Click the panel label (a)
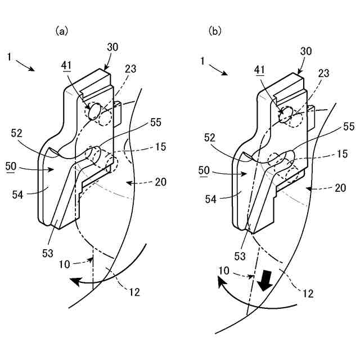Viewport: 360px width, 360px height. (x=61, y=31)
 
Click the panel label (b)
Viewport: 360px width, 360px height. (x=215, y=31)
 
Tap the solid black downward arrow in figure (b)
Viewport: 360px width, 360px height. (x=264, y=280)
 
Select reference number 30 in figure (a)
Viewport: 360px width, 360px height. (x=112, y=48)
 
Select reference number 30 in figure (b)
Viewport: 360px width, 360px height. (x=307, y=51)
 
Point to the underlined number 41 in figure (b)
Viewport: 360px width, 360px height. (x=260, y=70)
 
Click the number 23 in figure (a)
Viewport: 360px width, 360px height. (x=131, y=70)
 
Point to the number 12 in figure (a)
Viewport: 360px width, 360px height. (x=134, y=291)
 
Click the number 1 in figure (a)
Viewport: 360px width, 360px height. (x=10, y=56)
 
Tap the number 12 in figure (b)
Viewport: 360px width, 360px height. (x=308, y=294)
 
